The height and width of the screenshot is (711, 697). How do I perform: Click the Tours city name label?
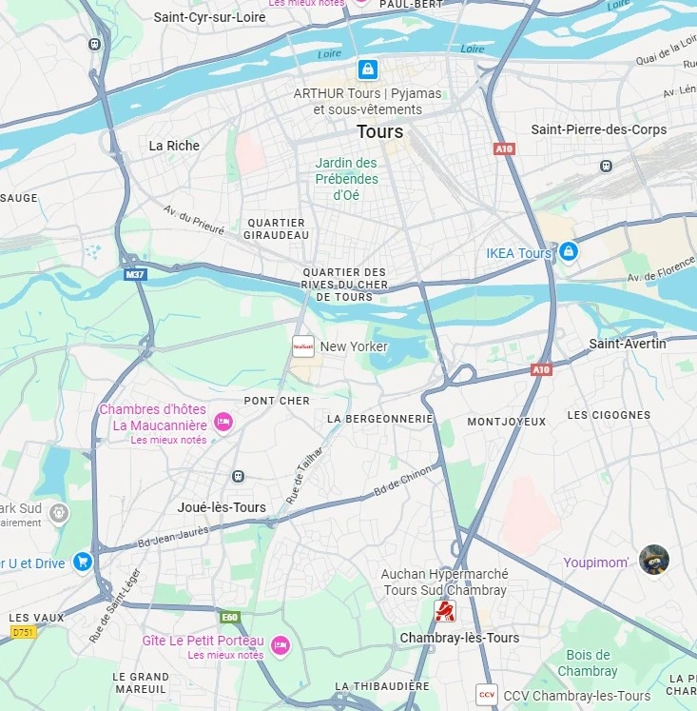[x=379, y=131]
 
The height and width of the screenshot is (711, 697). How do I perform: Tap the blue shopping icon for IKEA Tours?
[x=569, y=251]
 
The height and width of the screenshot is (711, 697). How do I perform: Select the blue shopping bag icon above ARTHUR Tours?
[x=367, y=69]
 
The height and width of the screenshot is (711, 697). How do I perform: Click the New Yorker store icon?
[x=303, y=346]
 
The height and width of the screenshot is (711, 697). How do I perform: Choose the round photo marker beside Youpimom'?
[x=654, y=560]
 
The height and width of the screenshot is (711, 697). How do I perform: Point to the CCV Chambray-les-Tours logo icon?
[x=487, y=695]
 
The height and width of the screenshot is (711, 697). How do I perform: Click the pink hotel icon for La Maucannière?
[x=223, y=421]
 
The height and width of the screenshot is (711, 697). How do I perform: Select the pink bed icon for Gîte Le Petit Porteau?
[x=280, y=645]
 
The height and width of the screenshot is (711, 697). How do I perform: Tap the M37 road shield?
[x=136, y=274]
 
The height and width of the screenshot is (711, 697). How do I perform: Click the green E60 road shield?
[x=230, y=617]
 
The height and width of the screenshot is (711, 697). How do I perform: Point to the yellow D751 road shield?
[x=23, y=632]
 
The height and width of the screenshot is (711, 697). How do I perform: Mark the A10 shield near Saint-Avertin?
[x=541, y=368]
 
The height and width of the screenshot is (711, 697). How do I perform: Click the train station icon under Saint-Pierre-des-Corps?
[x=606, y=166]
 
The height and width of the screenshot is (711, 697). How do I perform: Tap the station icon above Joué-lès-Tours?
[x=238, y=476]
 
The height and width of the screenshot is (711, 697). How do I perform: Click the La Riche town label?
[x=174, y=146]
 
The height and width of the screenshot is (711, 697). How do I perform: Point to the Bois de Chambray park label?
[x=588, y=662]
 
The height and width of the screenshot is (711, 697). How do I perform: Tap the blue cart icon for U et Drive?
[x=83, y=562]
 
